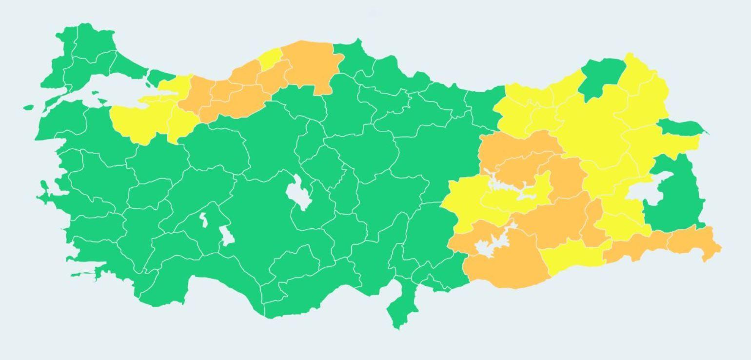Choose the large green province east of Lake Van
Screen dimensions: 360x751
click(675, 195)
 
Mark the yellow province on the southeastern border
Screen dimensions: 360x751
click(571, 256)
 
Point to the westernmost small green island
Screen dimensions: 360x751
click(28, 107)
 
